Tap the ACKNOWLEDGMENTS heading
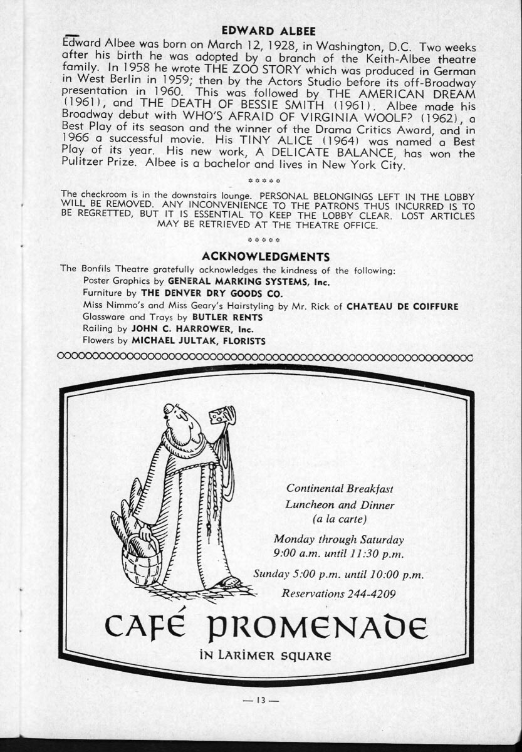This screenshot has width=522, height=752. pos(266,256)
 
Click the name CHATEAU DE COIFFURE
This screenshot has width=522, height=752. pos(402,306)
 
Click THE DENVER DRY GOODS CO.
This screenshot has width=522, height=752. pos(212,293)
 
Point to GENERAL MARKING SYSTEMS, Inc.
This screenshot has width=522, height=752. pos(249,281)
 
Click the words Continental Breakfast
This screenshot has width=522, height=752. pos(340,488)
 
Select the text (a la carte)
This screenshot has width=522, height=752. pos(339,520)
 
